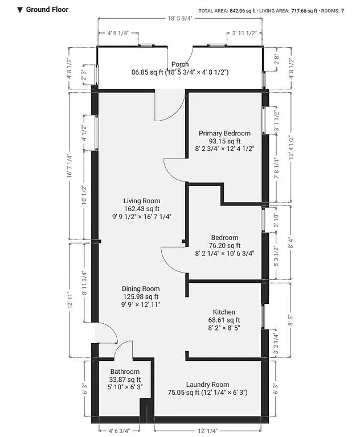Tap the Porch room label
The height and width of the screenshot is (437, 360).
click(180, 64)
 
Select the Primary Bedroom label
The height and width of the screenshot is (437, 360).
click(224, 133)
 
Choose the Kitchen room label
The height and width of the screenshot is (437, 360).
click(224, 312)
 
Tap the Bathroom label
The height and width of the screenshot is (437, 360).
click(125, 372)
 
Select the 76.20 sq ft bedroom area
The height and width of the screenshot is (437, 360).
click(224, 246)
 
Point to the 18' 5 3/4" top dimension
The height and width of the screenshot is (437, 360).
click(180, 19)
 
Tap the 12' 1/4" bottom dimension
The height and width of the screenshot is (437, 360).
click(208, 431)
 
